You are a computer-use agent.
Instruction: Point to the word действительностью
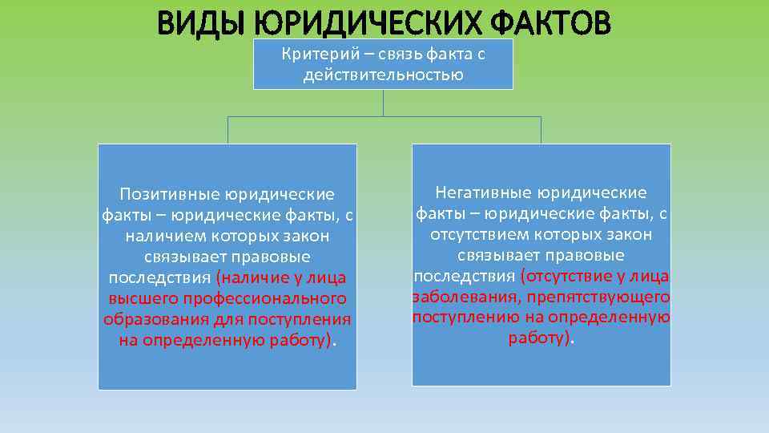383,76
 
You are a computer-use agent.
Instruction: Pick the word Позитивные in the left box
167,195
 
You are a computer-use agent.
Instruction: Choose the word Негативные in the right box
485,193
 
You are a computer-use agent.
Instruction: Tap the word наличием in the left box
165,237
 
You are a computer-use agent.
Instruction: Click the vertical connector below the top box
383,103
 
